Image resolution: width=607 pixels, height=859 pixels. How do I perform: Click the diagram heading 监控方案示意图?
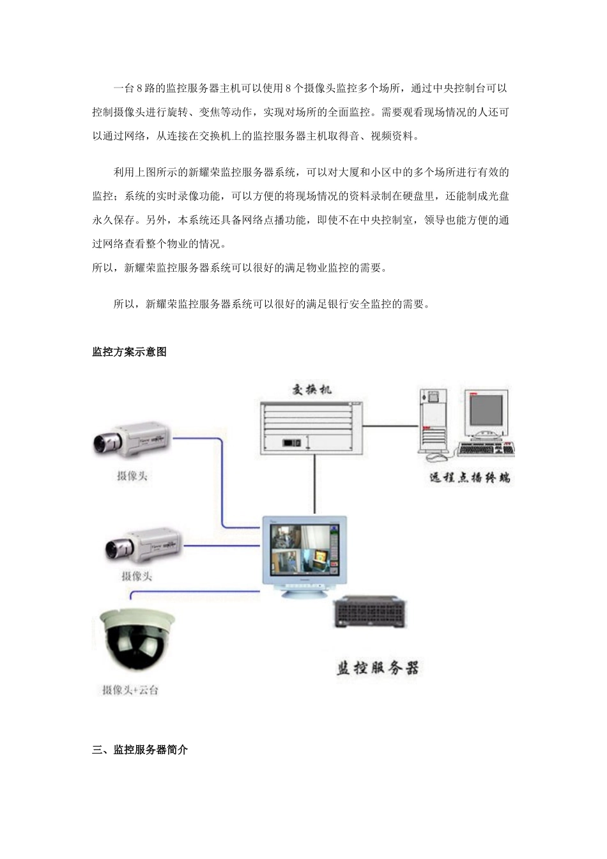click(129, 352)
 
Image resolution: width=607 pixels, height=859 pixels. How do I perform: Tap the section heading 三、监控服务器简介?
click(140, 750)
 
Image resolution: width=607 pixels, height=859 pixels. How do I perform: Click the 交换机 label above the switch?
click(312, 389)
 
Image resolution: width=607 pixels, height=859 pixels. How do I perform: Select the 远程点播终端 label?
click(470, 477)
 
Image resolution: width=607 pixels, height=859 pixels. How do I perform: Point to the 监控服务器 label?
click(378, 669)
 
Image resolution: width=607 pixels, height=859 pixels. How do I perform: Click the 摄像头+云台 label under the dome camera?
click(130, 690)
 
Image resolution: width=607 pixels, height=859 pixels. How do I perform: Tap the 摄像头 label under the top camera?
click(132, 476)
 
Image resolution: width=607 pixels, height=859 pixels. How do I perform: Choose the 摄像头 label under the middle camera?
click(137, 576)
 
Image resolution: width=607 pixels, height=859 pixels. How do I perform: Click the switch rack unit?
click(311, 428)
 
